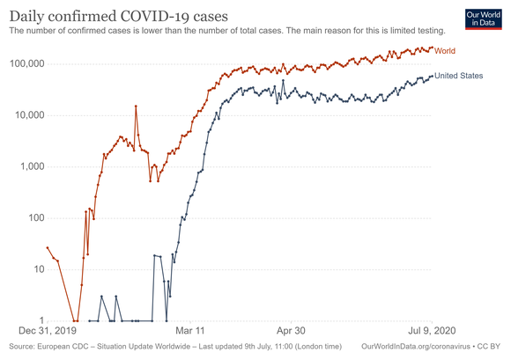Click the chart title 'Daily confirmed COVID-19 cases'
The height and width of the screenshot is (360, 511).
pyautogui.click(x=117, y=16)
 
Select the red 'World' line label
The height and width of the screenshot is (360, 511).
pyautogui.click(x=445, y=51)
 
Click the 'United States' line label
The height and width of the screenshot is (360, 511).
pyautogui.click(x=459, y=76)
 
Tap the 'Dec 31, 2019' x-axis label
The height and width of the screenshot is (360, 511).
pyautogui.click(x=48, y=332)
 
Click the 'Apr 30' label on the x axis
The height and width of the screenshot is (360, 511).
pyautogui.click(x=292, y=332)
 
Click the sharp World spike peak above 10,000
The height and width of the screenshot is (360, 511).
pyautogui.click(x=136, y=106)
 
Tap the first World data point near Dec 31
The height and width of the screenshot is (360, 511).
pyautogui.click(x=48, y=247)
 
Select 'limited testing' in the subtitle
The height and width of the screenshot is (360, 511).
pyautogui.click(x=412, y=31)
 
